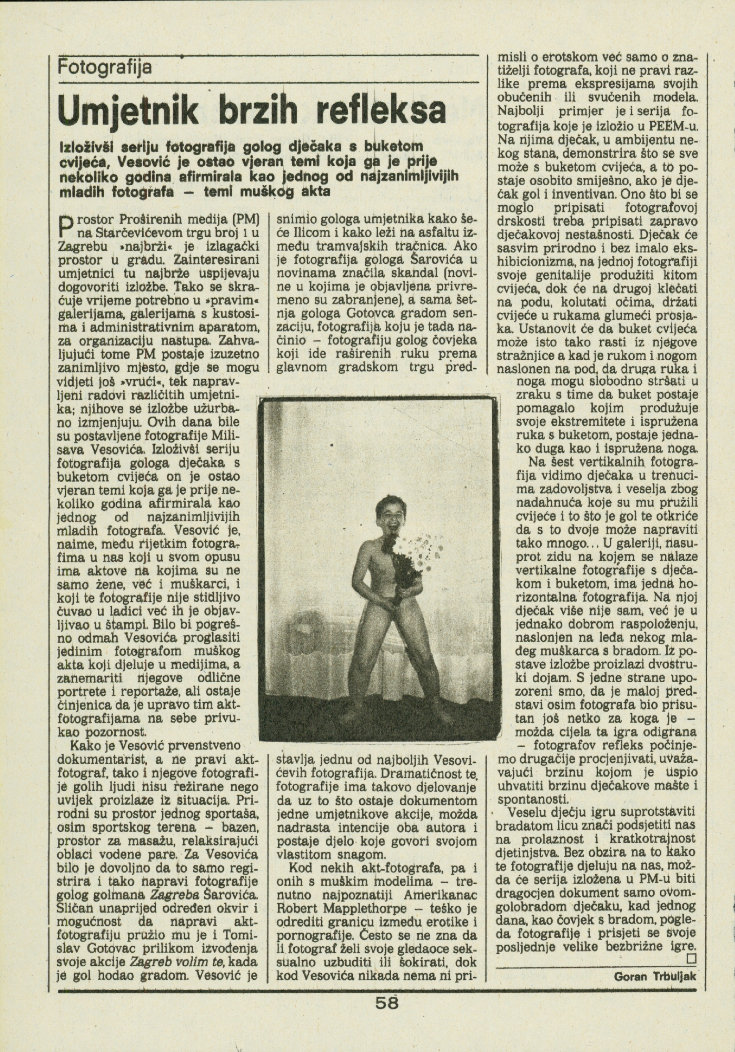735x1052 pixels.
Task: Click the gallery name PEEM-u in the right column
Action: [672, 128]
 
